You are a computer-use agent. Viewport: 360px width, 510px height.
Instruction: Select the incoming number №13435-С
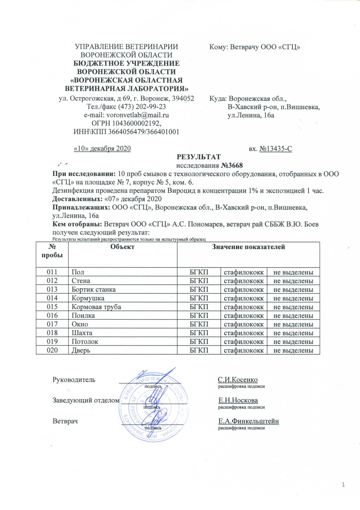pos(276,148)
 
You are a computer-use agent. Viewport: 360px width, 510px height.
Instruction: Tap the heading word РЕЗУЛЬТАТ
pos(198,157)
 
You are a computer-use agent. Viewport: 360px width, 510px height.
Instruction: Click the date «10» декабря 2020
pos(102,148)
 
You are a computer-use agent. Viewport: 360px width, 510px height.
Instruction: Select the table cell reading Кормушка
pos(88,298)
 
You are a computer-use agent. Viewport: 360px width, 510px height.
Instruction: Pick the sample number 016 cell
pos(52,316)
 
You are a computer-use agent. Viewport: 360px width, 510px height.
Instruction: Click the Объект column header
pos(122,247)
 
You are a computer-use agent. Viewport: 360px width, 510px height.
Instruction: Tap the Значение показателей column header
pos(248,247)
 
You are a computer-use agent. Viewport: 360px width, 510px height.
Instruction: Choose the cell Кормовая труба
pos(96,307)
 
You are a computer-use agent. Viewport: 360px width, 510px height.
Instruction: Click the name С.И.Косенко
pos(238,380)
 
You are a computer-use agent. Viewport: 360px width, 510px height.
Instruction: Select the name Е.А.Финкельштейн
pos(248,421)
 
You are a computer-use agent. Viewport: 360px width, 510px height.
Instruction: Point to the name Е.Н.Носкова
pos(238,401)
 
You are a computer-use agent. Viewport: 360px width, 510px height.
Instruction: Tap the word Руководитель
pos(74,380)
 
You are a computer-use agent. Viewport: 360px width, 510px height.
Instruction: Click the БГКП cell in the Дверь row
pos(199,350)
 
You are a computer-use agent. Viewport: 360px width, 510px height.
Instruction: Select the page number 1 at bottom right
pos(343,485)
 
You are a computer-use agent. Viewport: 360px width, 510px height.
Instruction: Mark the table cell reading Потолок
pos(85,342)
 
